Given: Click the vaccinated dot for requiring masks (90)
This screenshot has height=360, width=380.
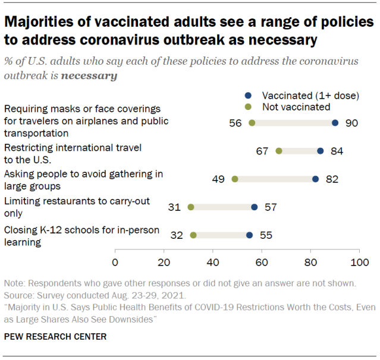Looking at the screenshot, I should pyautogui.click(x=335, y=123).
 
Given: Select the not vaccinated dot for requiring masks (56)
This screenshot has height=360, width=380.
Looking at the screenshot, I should pyautogui.click(x=252, y=123).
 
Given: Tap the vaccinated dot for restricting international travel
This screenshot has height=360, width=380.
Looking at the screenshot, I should pyautogui.click(x=320, y=151).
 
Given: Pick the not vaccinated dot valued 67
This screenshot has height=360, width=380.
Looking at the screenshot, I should pyautogui.click(x=279, y=151).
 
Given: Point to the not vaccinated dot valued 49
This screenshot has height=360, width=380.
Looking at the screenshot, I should pyautogui.click(x=234, y=179).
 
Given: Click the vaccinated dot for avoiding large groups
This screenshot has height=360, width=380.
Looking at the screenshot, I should pyautogui.click(x=315, y=179).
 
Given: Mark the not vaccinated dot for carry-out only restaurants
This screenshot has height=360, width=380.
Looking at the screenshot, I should pyautogui.click(x=191, y=207).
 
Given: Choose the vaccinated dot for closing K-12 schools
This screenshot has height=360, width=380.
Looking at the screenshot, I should pyautogui.click(x=249, y=235).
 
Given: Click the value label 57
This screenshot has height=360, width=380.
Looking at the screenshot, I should pyautogui.click(x=271, y=207).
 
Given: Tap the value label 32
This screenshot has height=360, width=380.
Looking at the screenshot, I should pyautogui.click(x=176, y=235).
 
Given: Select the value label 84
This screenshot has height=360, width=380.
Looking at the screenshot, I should pyautogui.click(x=337, y=151).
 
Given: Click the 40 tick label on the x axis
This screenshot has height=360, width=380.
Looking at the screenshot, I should pyautogui.click(x=212, y=261).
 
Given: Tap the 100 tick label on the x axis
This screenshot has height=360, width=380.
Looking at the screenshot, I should pyautogui.click(x=359, y=261).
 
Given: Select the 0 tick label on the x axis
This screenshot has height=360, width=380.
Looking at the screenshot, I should pyautogui.click(x=115, y=261).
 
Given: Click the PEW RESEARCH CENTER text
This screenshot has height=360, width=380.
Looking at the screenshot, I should pyautogui.click(x=56, y=337).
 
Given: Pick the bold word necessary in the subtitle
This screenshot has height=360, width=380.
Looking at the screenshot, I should pyautogui.click(x=90, y=76).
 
